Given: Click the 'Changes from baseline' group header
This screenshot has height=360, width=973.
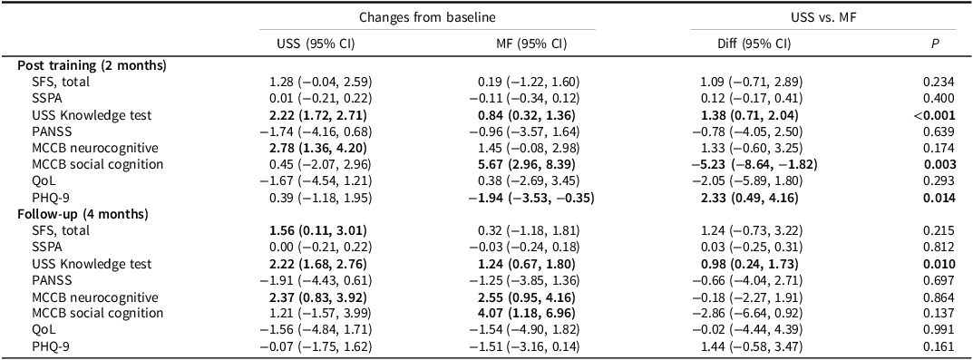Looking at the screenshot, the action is [x=427, y=18].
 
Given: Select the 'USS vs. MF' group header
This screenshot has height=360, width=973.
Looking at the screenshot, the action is [x=822, y=18].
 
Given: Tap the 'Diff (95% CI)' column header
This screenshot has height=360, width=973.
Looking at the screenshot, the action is [x=754, y=44].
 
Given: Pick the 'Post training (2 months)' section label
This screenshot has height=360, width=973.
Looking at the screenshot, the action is [x=92, y=64].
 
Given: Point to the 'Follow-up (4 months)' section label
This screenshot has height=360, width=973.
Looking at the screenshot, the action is [x=83, y=214].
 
